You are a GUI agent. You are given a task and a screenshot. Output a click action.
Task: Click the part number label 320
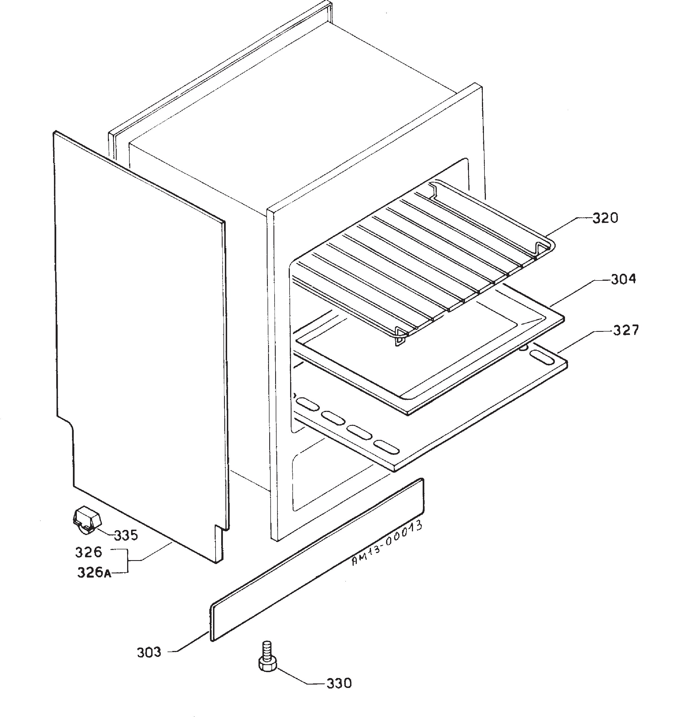(605, 218)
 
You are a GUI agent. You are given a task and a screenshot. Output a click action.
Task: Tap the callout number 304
(623, 279)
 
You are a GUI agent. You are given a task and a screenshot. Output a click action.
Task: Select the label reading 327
(626, 330)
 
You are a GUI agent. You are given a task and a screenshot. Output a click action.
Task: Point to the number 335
(126, 535)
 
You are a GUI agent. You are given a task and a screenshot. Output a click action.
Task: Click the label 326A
(94, 573)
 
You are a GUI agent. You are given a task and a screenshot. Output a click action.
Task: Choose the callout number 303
(149, 652)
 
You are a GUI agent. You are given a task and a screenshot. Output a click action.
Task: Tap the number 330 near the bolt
(339, 683)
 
